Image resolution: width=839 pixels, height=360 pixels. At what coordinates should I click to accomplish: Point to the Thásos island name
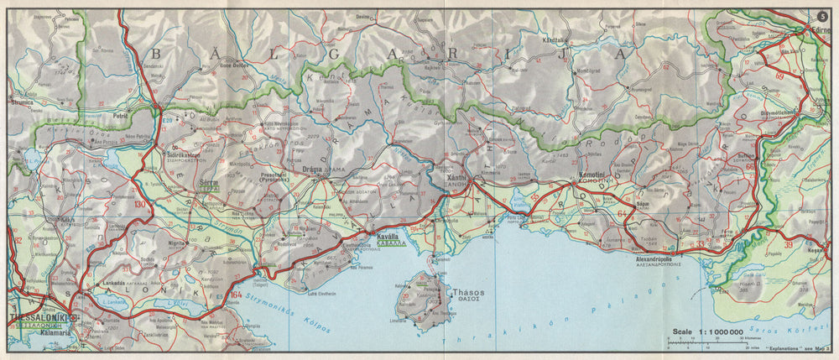pyautogui.click(x=470, y=293)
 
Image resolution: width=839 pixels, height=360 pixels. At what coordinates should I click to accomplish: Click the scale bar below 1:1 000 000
pyautogui.click(x=705, y=343)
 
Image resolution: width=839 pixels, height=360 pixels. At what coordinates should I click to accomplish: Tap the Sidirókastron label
pyautogui.click(x=185, y=155)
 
